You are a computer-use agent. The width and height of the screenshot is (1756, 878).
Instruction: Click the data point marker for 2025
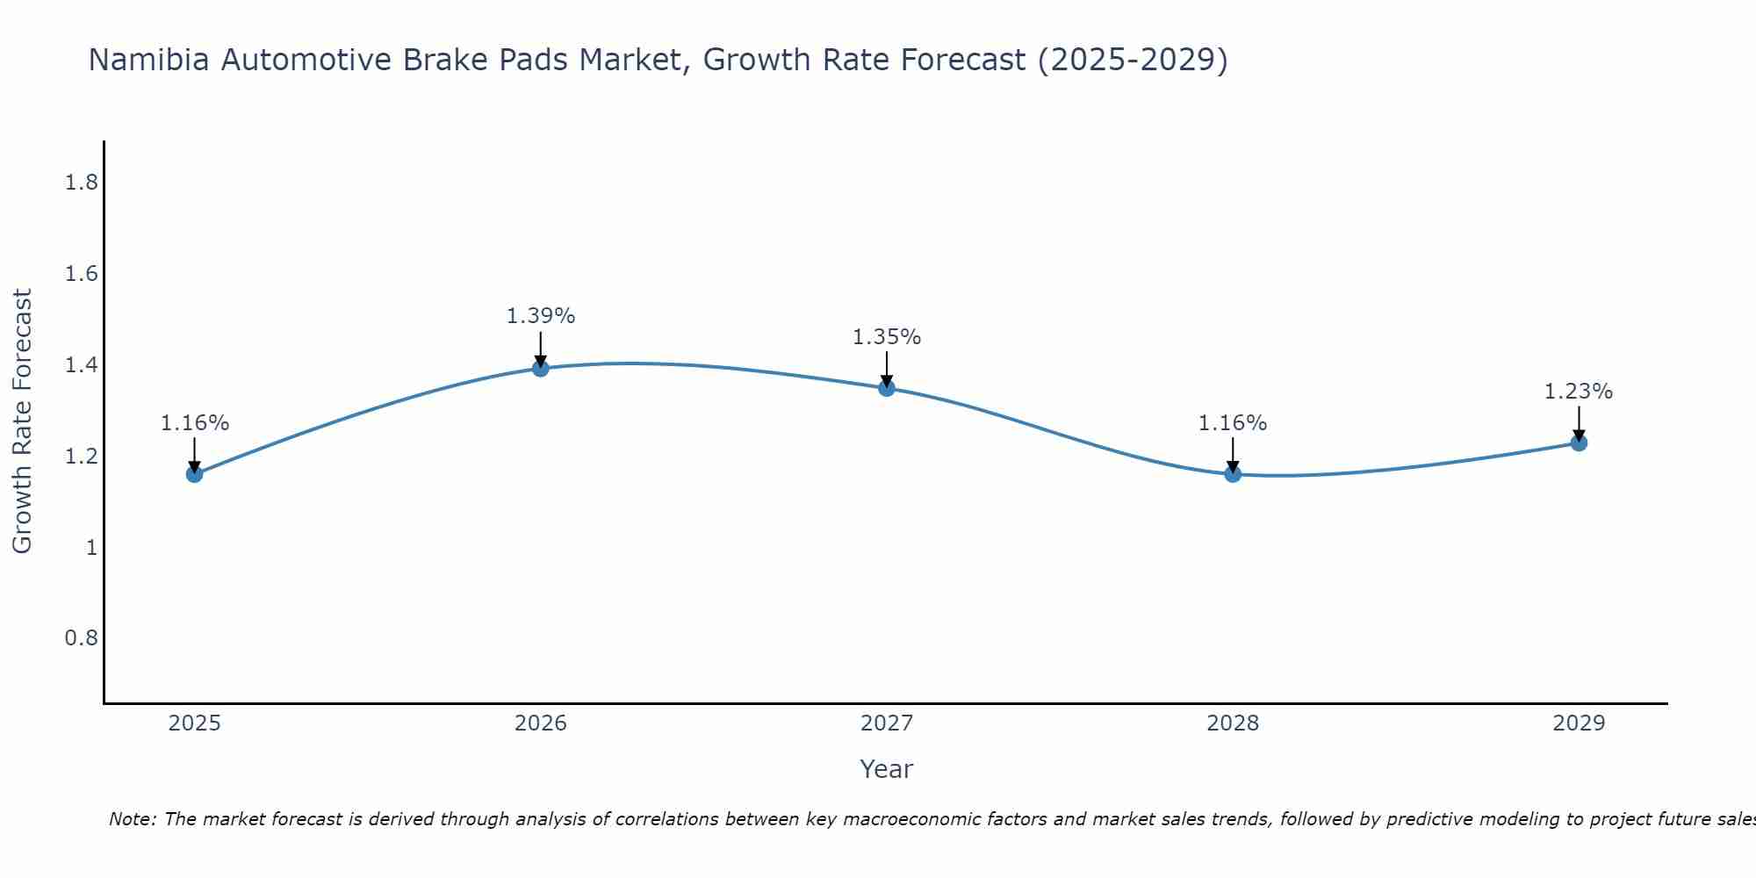[194, 474]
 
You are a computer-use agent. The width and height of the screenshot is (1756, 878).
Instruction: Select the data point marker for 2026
[541, 368]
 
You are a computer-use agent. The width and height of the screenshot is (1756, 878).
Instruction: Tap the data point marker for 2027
[887, 388]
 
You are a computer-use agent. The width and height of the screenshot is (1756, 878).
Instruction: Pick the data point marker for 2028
[1233, 474]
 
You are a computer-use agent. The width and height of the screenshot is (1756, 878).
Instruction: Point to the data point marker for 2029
[1579, 443]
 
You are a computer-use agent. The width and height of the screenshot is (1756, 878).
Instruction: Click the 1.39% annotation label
[541, 316]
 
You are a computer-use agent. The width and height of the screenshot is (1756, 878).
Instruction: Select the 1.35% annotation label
[887, 337]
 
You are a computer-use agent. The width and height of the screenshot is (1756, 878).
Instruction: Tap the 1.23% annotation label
[1579, 392]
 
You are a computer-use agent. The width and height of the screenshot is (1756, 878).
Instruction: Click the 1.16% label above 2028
[1233, 423]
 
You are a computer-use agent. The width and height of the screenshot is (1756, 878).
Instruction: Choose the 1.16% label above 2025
[194, 423]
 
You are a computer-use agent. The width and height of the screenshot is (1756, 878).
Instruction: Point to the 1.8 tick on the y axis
[81, 183]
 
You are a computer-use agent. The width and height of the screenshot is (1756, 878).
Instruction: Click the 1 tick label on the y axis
[90, 547]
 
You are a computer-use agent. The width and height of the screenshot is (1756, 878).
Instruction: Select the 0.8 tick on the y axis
[81, 637]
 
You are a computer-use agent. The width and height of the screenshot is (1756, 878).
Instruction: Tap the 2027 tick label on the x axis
[887, 723]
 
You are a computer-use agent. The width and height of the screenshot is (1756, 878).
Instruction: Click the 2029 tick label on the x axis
[1579, 723]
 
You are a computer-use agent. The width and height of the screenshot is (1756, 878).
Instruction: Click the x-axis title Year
[887, 769]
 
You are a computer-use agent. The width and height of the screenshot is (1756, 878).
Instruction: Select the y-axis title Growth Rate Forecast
[22, 421]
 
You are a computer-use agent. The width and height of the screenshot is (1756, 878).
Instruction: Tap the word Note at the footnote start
[132, 819]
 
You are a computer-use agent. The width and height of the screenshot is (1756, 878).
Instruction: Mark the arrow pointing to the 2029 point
[1579, 423]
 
